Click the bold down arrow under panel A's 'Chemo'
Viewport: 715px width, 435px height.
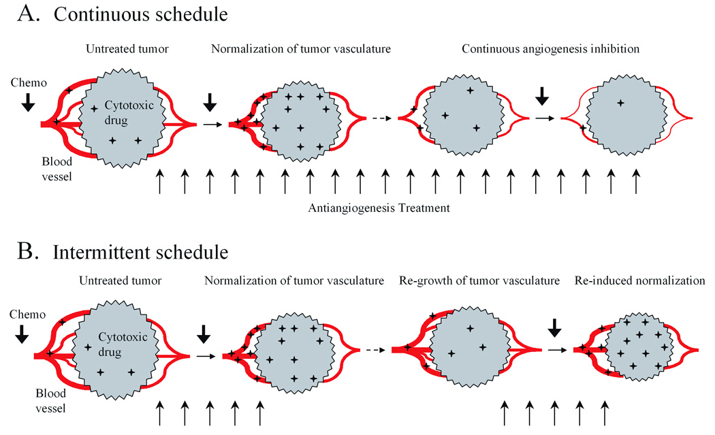click(x=27, y=101)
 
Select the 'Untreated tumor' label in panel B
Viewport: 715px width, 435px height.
click(x=120, y=280)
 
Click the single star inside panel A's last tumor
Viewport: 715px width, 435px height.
click(x=620, y=103)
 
